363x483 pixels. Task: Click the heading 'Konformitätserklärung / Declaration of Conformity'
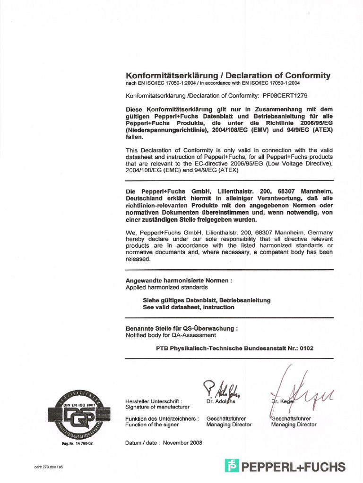228,75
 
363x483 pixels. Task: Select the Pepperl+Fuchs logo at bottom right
285,467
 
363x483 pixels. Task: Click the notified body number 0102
305,349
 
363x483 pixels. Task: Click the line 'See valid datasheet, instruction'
189,307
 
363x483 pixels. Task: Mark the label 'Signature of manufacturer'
157,407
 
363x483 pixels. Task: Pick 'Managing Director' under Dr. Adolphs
229,425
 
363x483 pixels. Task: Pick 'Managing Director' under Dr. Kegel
294,425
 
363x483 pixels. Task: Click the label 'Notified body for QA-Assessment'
171,335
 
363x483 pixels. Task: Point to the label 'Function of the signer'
152,425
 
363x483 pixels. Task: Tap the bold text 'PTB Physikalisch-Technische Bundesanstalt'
214,349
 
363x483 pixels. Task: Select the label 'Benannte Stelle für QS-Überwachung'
181,328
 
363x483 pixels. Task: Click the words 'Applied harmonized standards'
166,287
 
